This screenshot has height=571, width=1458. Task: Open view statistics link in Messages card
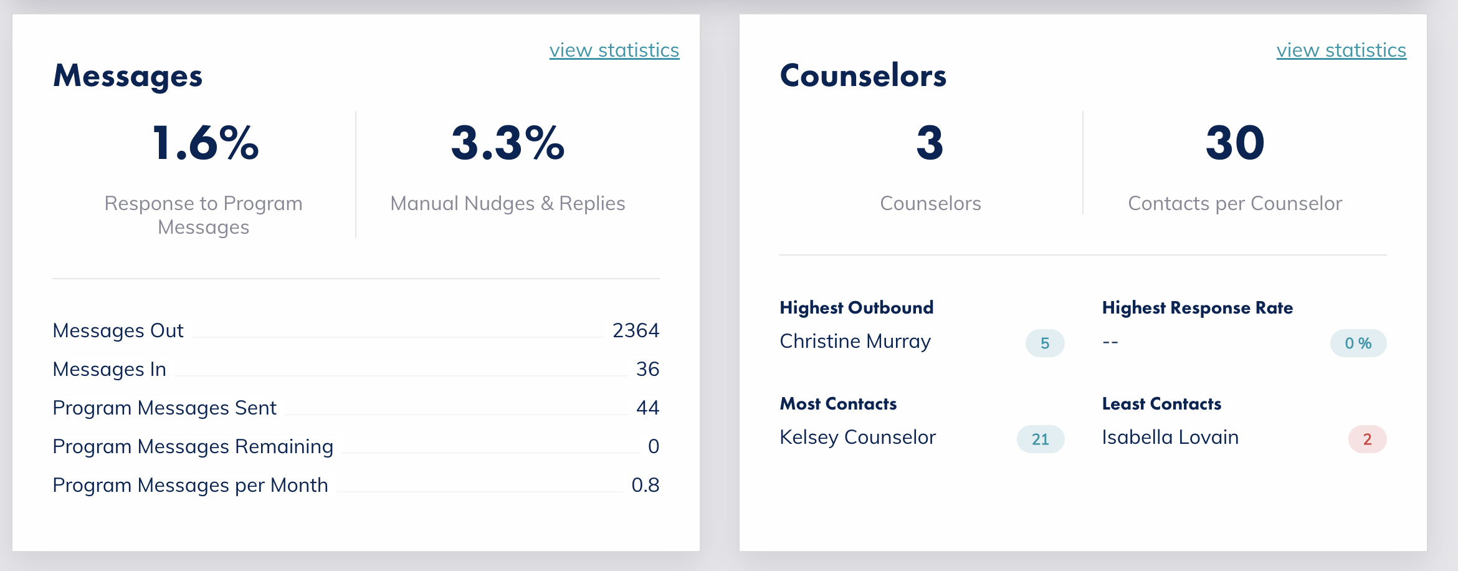pos(614,50)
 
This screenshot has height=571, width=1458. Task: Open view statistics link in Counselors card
pos(1341,50)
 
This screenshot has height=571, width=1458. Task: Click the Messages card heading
pos(128,76)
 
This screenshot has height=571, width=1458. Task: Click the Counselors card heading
pos(863,76)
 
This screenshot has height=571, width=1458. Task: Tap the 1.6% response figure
pos(205,143)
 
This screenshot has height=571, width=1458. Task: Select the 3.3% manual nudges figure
pos(508,143)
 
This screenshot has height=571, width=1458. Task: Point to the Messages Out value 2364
pos(635,330)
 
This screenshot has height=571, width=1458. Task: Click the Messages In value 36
pos(647,369)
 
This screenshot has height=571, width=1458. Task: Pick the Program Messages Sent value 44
pos(647,408)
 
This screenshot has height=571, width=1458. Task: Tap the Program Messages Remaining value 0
pos(653,446)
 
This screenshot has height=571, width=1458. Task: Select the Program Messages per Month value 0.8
pos(645,485)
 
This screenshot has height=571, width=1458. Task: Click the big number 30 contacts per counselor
pos(1235,143)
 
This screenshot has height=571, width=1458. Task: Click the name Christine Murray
pos(855,342)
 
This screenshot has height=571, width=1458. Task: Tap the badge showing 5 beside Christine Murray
pos(1045,343)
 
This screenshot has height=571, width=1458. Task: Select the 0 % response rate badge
pos(1358,343)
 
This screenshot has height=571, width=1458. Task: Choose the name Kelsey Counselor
pos(857,438)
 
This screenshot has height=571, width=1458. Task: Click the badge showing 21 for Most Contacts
pos(1040,439)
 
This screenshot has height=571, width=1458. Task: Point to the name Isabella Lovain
pos(1170,438)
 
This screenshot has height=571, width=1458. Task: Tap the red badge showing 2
pos(1367,439)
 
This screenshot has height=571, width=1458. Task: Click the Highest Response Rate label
pos(1197,308)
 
